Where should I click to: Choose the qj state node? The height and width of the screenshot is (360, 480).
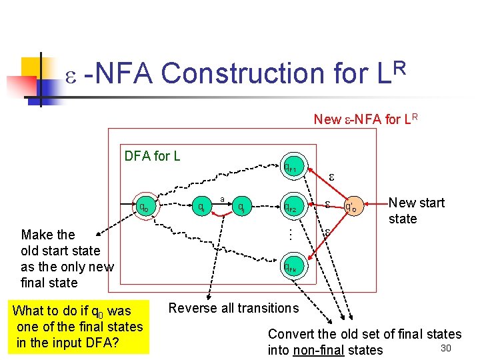tap(243, 207)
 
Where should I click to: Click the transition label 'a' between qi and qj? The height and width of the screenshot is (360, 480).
tap(221, 198)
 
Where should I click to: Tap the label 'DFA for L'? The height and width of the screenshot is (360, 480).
tap(152, 157)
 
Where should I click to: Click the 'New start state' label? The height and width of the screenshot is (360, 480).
tap(416, 211)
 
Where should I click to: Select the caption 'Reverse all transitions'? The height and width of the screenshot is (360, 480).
tap(233, 308)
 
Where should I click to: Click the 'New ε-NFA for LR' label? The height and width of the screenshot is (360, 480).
tap(366, 119)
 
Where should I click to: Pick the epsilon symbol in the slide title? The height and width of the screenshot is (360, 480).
tap(73, 75)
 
